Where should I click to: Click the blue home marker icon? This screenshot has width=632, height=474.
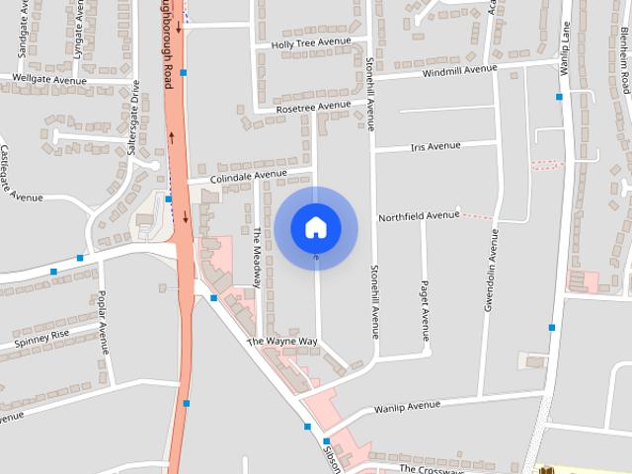tap(315, 227)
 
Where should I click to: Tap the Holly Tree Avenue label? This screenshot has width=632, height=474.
tap(304, 42)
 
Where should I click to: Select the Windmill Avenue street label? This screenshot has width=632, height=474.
tap(460, 70)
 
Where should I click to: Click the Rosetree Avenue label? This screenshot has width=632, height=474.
tap(313, 106)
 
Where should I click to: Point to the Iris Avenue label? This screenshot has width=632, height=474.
tap(434, 146)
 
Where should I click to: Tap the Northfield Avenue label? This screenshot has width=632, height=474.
tap(420, 214)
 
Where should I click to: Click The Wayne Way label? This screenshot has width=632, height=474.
tap(282, 342)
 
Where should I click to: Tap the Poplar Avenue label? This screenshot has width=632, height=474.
tap(103, 322)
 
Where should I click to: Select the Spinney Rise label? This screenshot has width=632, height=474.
tap(42, 339)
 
